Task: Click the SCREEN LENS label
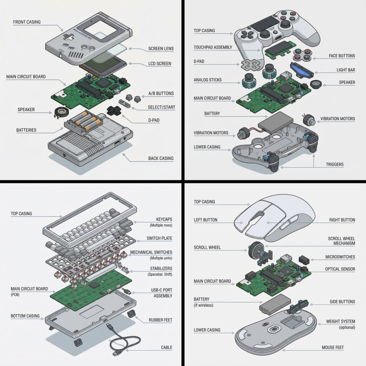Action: point(161,48)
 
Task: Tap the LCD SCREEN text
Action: point(160,63)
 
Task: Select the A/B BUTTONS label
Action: point(161,94)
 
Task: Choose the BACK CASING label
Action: point(161,158)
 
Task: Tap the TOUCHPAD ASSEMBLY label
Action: point(213,47)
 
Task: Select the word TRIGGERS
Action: point(334,164)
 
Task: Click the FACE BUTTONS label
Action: point(342,56)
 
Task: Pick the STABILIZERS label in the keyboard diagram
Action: point(161,269)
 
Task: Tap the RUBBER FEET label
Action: point(160,320)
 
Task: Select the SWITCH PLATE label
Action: point(159,238)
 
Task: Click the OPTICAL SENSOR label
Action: point(340,269)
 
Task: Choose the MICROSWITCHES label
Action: point(340,257)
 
